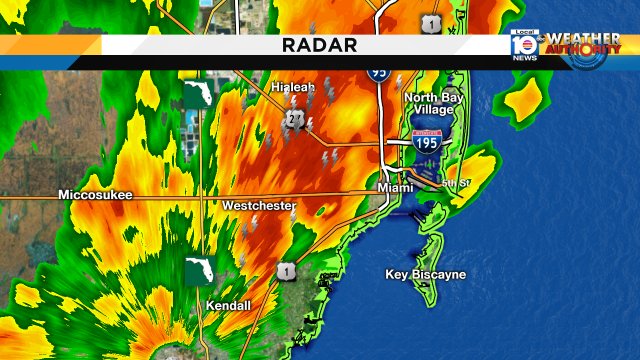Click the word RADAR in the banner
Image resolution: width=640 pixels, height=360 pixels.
coord(319,45)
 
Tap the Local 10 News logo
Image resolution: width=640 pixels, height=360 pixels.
coord(525,45)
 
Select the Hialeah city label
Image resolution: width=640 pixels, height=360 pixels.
coord(293,87)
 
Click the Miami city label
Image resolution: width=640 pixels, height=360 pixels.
coord(395,188)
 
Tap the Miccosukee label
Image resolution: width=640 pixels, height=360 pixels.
coord(95,195)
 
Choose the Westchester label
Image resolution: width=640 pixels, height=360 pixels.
coord(258,206)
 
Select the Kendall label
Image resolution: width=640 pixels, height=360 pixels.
coord(227,305)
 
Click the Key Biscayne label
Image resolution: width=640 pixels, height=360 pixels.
coord(425,274)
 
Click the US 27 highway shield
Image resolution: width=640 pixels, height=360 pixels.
coord(294,119)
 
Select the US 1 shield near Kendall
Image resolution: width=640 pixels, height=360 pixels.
coord(287,271)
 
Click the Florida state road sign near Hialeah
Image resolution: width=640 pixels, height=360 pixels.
coord(194,96)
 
